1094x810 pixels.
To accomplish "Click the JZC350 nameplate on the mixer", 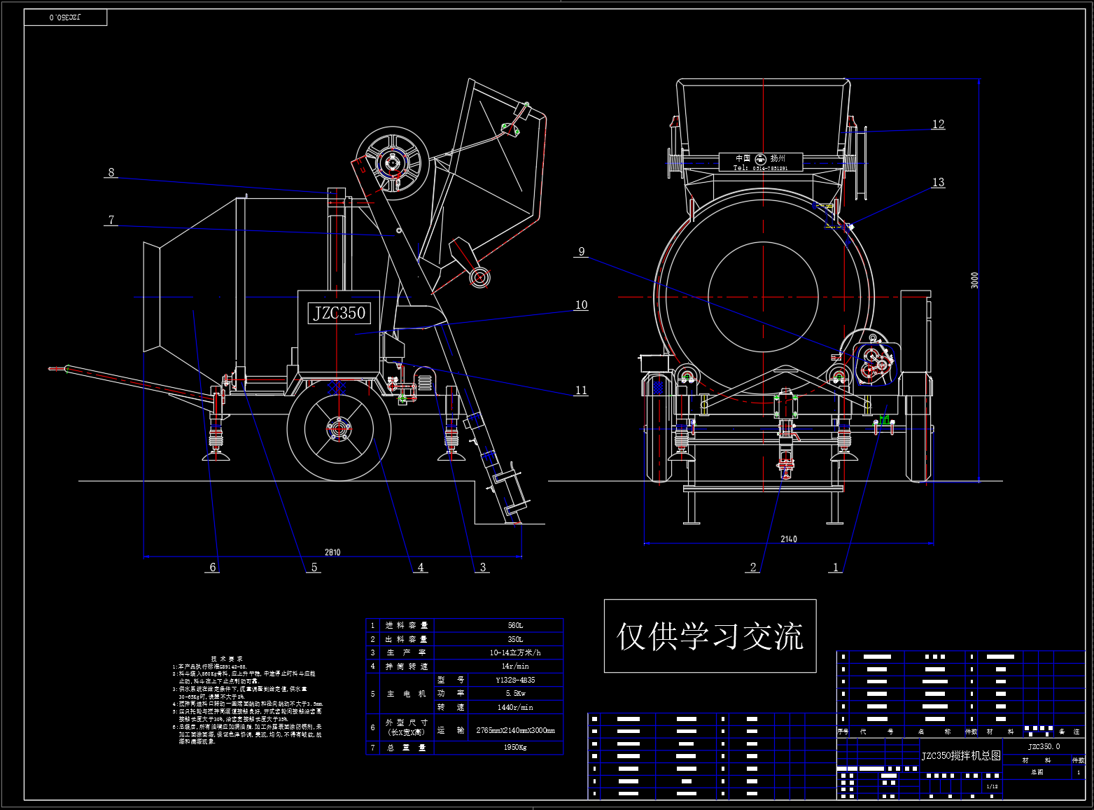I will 339,313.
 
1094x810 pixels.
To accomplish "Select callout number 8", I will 111,172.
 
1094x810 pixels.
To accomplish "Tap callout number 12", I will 938,125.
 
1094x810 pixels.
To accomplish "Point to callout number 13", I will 938,183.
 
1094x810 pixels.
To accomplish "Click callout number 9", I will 581,252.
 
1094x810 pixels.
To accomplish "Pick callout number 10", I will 581,305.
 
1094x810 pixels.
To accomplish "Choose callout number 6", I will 213,567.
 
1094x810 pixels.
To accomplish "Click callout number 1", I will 835,567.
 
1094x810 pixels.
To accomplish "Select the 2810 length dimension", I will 332,552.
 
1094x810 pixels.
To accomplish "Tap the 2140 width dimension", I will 789,539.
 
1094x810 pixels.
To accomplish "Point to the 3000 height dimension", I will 975,280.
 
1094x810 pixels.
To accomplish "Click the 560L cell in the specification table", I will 515,625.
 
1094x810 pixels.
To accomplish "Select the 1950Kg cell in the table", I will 515,748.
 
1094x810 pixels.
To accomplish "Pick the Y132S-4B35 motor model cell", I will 515,680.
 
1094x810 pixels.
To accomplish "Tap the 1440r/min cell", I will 515,707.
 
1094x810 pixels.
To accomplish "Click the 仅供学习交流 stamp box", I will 710,636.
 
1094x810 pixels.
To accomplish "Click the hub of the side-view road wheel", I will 339,428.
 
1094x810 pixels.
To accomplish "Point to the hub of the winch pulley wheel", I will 391,162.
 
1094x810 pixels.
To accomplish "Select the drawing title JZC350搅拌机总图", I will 960,756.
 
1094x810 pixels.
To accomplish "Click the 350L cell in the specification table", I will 515,639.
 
